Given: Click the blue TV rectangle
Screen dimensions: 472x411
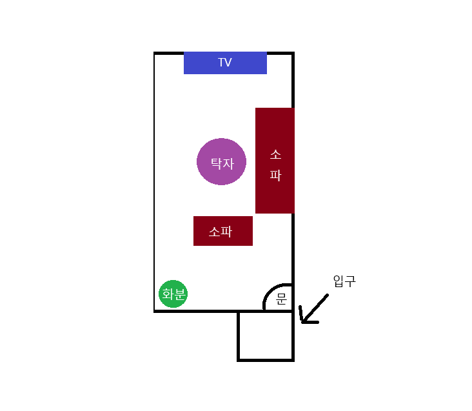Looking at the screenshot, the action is (225, 63).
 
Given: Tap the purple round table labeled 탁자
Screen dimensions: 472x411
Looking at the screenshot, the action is (221, 161).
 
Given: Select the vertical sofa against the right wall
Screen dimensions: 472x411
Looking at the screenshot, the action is (275, 161).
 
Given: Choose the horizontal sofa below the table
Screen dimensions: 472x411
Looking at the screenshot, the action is (222, 231).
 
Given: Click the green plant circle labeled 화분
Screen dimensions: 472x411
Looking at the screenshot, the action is (173, 294).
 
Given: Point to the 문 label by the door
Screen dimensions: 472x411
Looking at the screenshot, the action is (281, 299).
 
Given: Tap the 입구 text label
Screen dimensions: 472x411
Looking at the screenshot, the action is (344, 281).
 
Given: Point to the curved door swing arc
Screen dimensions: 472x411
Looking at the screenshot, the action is (270, 292).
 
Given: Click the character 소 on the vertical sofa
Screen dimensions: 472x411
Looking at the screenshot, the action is (275, 155).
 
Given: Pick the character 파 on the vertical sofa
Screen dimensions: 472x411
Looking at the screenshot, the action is (275, 175).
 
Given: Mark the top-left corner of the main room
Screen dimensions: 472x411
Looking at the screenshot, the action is (155, 53).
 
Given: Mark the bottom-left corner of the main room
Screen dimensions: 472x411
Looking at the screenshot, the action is (155, 311).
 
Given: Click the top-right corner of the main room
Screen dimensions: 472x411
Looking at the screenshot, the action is (293, 53).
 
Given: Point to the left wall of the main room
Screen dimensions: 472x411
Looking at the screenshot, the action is (155, 181).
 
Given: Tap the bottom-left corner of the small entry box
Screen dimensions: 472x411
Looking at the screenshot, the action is (239, 359).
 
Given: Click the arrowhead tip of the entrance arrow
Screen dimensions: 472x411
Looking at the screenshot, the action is (302, 321).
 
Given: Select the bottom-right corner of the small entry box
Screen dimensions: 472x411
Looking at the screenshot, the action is (293, 359).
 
